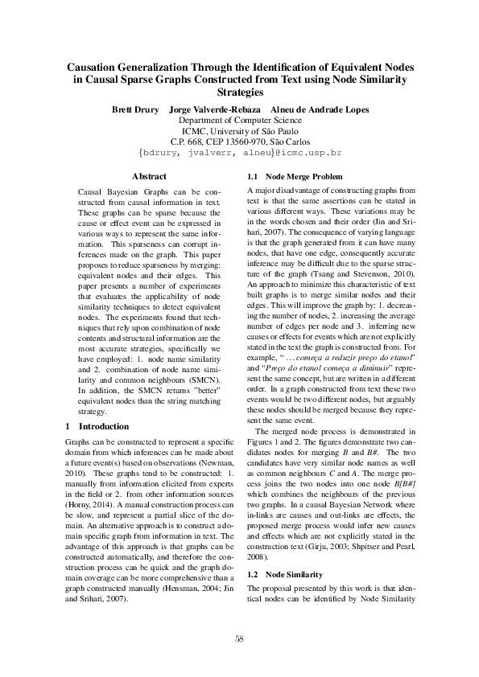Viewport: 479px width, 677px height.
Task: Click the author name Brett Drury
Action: pyautogui.click(x=135, y=109)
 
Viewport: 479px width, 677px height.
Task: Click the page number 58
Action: pyautogui.click(x=239, y=638)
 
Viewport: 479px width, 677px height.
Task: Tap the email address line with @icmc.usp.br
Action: pyautogui.click(x=240, y=152)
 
